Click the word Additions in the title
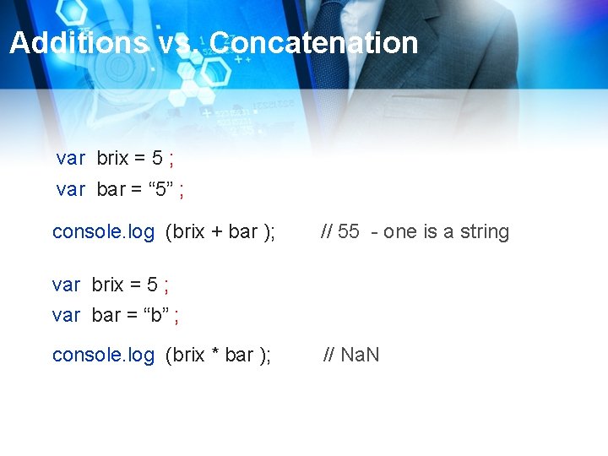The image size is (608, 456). point(78,42)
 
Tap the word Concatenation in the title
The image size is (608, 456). point(314,42)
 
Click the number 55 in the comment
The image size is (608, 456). point(349,232)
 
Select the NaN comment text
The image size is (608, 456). point(360,355)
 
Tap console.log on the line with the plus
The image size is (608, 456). point(103,232)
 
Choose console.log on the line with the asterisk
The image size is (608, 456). point(103,355)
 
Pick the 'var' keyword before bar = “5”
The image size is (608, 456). point(70,189)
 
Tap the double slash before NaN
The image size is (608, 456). point(329,355)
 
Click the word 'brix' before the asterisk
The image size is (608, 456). point(187,355)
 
